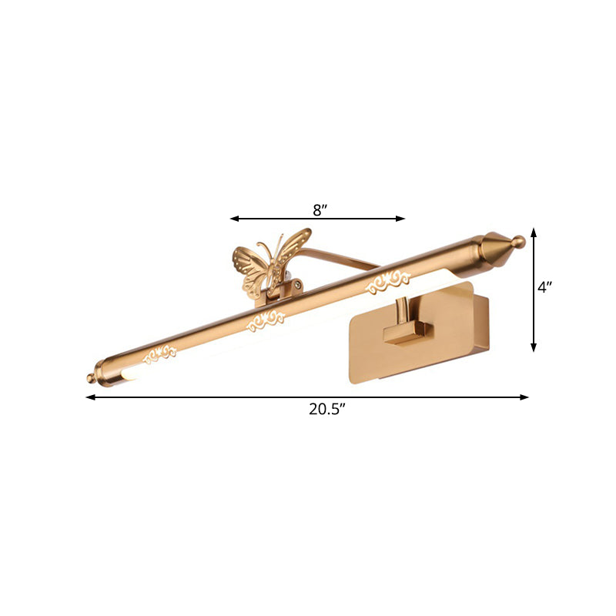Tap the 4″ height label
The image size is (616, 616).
(545, 288)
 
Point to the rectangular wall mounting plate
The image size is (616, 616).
(431, 339)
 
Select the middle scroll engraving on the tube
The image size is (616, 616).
(266, 320)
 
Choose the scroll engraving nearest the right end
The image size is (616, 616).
(390, 281)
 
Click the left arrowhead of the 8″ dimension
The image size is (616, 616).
(233, 219)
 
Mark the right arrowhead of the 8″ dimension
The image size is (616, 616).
(402, 219)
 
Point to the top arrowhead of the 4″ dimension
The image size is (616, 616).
(534, 231)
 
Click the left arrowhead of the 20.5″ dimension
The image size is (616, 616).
(89, 397)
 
